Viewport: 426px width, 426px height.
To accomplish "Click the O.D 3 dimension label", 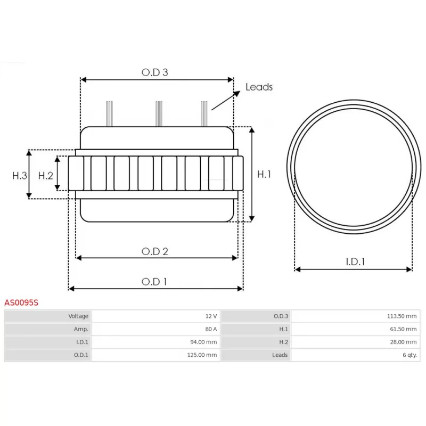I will [155, 72].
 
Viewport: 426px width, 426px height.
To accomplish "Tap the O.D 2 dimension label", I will [155, 251].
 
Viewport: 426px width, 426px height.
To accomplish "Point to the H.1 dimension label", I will [265, 174].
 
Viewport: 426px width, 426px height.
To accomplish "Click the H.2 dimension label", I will [46, 175].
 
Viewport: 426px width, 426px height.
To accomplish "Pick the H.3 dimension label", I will [20, 175].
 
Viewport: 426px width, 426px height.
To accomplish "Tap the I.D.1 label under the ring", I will [355, 261].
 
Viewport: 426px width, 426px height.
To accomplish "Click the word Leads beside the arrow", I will [259, 87].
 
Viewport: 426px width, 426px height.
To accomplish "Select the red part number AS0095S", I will [21, 302].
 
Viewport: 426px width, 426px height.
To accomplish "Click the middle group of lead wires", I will [158, 113].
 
